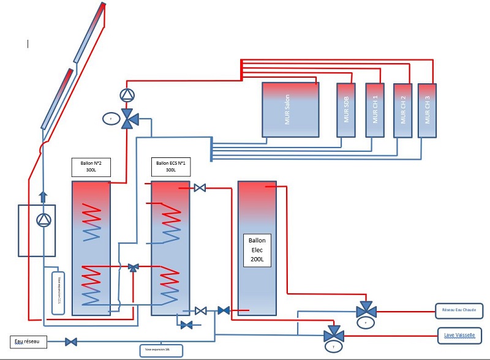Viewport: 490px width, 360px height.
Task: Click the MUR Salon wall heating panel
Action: point(290,110)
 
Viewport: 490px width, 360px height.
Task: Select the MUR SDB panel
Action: point(346,110)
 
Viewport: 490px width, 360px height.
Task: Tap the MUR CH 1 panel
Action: point(374,110)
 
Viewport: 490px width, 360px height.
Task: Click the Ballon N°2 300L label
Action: point(91,167)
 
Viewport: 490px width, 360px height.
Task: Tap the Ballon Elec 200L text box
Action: point(257,249)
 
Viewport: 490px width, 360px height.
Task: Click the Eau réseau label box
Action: point(29,342)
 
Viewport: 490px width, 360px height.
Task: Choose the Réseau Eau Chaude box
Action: point(459,311)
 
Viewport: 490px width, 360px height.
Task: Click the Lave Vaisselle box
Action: point(459,335)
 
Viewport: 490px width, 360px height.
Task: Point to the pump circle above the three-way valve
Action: point(127,95)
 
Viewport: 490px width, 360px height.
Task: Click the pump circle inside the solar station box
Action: point(43,220)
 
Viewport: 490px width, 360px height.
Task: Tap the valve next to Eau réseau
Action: point(71,342)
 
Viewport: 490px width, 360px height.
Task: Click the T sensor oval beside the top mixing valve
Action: point(111,118)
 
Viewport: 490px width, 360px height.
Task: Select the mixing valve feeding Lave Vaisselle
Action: point(334,335)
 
